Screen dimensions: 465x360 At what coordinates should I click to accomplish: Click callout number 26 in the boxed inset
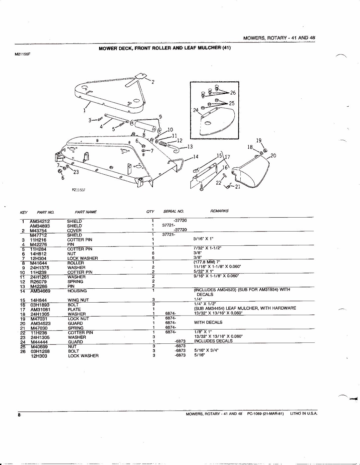[x=233, y=93]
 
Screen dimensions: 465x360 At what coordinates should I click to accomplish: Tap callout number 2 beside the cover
[x=153, y=82]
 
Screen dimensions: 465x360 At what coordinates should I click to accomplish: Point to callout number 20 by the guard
[x=273, y=155]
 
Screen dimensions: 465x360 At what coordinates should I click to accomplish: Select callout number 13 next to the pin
[x=190, y=146]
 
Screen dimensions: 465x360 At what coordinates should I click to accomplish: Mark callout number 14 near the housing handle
[x=196, y=156]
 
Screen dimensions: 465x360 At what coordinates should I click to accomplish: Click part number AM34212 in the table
[x=40, y=221]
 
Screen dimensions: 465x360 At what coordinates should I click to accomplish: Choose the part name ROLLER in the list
[x=75, y=263]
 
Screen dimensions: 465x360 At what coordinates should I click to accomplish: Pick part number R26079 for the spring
[x=39, y=282]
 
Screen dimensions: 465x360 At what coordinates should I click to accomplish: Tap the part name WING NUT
[x=78, y=300]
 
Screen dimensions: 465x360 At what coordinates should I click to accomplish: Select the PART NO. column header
[x=46, y=212]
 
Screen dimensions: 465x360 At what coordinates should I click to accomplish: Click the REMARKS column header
[x=219, y=211]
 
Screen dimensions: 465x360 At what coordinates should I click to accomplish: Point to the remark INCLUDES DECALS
[x=213, y=341]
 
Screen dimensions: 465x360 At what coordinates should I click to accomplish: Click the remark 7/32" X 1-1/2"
[x=207, y=248]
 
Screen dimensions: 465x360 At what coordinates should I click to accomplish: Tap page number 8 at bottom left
[x=19, y=415]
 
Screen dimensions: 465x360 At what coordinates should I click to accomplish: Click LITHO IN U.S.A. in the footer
[x=303, y=414]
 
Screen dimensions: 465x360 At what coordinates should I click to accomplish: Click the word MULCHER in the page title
[x=209, y=48]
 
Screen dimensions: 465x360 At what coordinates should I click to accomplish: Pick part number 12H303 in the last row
[x=39, y=356]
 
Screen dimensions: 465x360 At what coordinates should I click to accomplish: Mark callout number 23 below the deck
[x=76, y=172]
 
